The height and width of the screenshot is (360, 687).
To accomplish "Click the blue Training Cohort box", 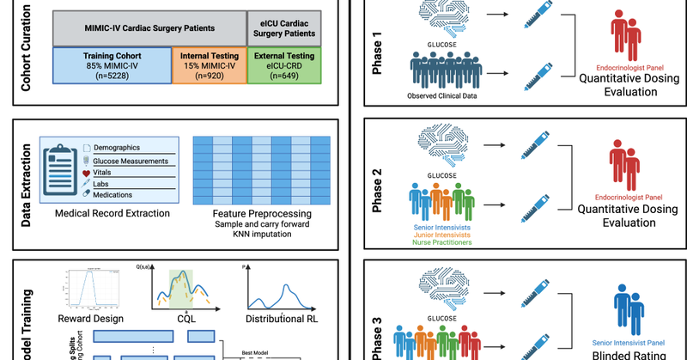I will (x=111, y=65).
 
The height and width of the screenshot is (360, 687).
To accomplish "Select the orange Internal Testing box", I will (x=209, y=65).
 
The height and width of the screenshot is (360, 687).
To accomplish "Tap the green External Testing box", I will (x=284, y=65).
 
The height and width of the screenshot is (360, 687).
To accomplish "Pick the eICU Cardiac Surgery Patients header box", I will (x=285, y=27).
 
